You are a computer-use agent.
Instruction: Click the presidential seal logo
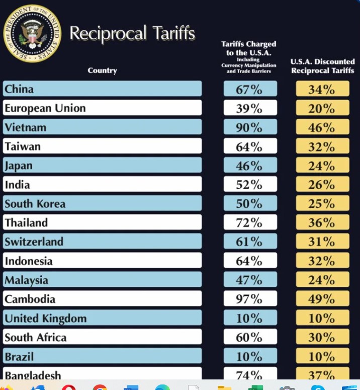(32, 34)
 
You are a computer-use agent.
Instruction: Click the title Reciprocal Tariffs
(132, 33)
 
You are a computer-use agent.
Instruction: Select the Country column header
(102, 70)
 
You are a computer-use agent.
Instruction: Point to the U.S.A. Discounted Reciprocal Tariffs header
(322, 66)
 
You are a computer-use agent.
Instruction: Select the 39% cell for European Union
(250, 108)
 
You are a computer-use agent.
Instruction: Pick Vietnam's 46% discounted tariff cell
(322, 127)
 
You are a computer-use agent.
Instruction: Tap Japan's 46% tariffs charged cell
(250, 166)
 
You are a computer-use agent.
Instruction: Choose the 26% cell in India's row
(322, 185)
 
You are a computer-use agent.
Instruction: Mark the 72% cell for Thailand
(250, 223)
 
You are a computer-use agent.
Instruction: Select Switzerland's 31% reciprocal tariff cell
(322, 242)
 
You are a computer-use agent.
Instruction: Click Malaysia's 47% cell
(250, 280)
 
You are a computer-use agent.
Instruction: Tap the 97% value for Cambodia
(250, 299)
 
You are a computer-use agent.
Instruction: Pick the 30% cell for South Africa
(322, 337)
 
